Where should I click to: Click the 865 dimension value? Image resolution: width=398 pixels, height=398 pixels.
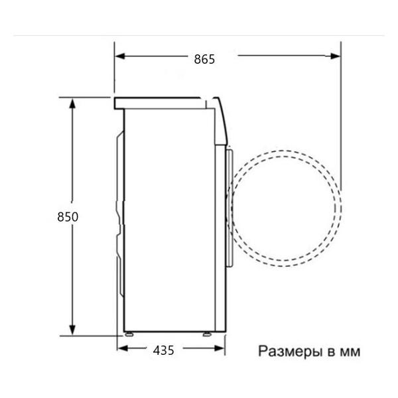(x=204, y=59)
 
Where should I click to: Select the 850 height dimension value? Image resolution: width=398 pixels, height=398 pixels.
(x=68, y=217)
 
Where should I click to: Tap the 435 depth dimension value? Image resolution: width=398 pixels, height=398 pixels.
(x=163, y=350)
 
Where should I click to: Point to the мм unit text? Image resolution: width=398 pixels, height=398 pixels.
(x=349, y=351)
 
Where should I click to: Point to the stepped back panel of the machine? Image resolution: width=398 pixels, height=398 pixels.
(x=120, y=219)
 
